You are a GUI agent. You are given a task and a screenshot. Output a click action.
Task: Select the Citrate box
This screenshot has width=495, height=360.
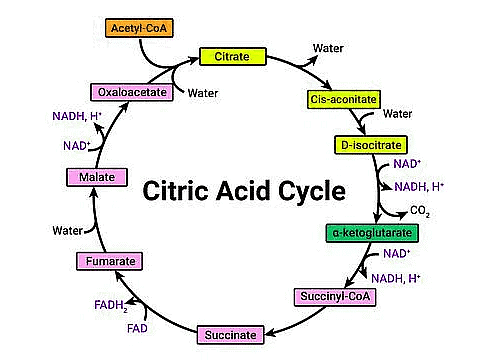232,57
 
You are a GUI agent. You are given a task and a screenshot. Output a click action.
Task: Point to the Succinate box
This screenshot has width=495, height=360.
230,334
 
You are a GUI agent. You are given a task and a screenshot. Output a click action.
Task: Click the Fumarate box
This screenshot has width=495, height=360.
105,262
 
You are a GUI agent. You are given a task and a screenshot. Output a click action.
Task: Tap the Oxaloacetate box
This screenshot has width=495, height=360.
125,92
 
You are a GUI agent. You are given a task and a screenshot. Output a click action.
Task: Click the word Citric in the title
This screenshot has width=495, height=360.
179,190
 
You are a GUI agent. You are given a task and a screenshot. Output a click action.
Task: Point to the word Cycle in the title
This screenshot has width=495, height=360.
309,190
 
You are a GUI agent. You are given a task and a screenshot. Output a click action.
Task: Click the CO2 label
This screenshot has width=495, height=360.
421,212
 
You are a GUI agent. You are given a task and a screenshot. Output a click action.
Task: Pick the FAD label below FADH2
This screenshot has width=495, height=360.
137,327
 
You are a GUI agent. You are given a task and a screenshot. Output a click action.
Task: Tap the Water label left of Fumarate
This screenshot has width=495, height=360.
68,230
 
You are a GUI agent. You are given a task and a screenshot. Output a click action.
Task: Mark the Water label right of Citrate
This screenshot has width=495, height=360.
329,47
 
